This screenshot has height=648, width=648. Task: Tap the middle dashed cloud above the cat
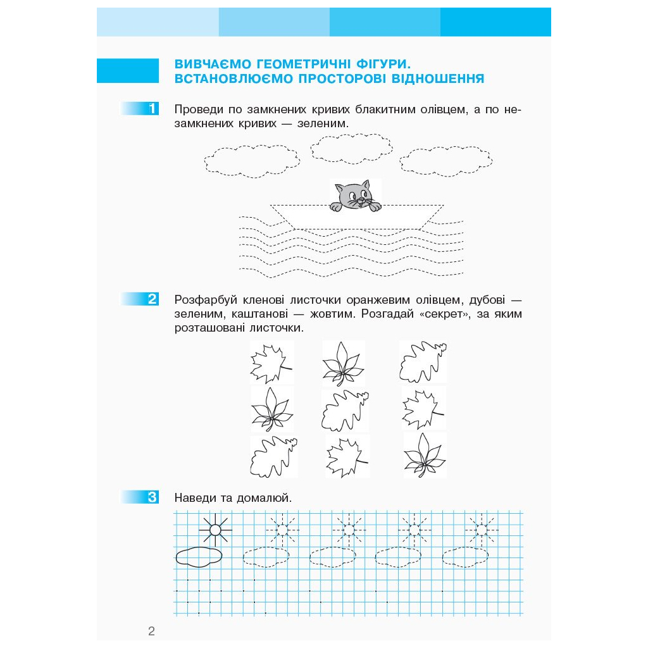351,148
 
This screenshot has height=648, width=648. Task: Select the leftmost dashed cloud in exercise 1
252,161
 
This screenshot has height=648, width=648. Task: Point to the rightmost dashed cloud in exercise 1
446,161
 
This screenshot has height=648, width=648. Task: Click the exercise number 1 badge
140,109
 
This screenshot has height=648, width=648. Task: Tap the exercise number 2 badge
140,299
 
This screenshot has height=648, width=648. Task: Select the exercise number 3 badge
140,497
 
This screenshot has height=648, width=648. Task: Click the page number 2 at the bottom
151,631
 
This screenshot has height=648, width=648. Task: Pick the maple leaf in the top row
271,363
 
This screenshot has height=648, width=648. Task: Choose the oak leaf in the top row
423,361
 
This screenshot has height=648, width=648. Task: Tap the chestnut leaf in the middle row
271,409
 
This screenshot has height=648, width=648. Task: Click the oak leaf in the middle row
345,410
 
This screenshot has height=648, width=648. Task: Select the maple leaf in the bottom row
346,457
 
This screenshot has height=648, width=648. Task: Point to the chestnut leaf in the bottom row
425,455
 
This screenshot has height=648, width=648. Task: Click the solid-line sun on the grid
215,530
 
